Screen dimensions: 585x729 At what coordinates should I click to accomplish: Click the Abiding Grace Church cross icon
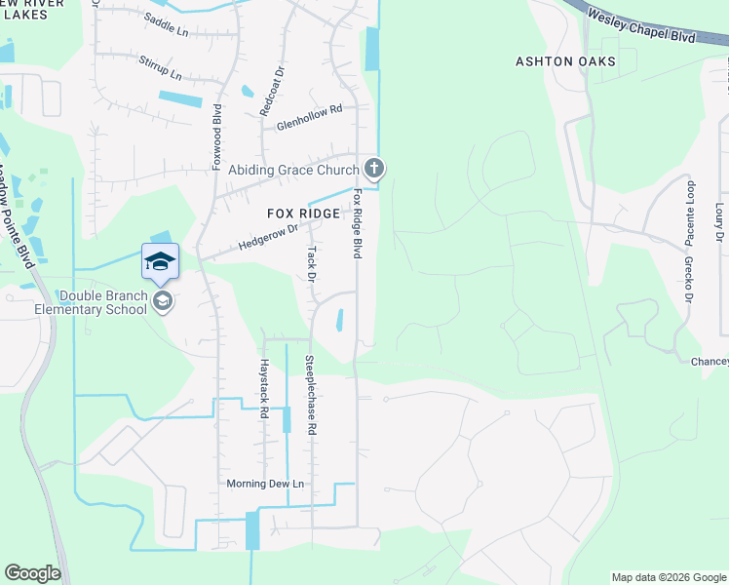[x=374, y=169]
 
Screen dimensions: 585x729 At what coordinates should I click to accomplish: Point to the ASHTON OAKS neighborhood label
[x=565, y=61]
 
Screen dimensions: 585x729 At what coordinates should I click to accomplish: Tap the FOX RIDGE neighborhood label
[x=304, y=214]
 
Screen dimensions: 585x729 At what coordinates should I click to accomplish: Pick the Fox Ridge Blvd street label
[x=358, y=223]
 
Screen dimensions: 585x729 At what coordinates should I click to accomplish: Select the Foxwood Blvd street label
[x=218, y=136]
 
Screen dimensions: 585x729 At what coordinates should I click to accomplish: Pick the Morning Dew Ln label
[x=265, y=484]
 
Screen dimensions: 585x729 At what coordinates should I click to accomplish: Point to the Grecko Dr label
[x=688, y=280]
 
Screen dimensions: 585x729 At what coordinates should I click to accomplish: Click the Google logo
[x=33, y=573]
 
